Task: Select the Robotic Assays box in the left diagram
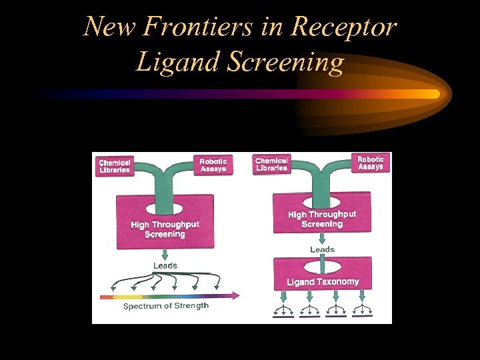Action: [213, 165]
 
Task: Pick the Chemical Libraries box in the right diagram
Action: [271, 164]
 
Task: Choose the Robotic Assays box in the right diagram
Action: [371, 163]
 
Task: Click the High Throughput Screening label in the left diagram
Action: [165, 229]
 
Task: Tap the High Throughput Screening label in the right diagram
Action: [322, 219]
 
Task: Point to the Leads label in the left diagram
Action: [165, 265]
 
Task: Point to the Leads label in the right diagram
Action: [322, 249]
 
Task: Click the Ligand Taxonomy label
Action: [323, 282]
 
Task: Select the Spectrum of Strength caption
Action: [166, 306]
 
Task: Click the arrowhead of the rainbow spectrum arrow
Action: [234, 295]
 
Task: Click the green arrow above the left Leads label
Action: [165, 254]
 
